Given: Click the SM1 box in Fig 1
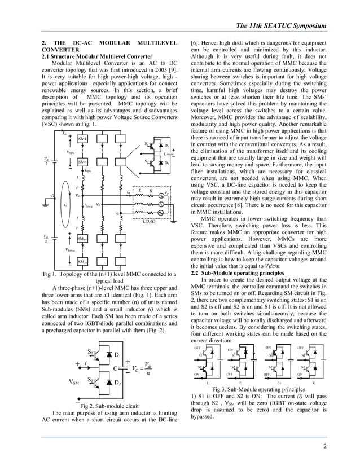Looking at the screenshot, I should click(x=82, y=139).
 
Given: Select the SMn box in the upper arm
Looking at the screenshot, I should click(x=82, y=162).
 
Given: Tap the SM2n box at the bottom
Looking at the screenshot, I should click(x=82, y=262).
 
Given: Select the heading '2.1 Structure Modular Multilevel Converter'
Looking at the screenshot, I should click(x=97, y=57).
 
